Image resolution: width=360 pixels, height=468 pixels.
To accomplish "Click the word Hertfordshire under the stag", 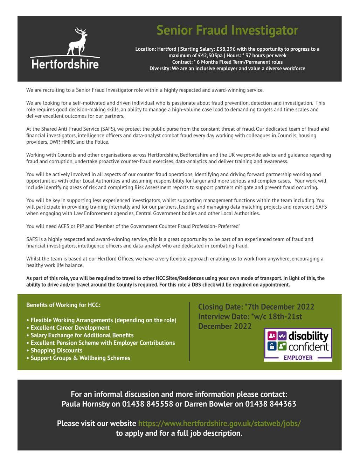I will (65, 64).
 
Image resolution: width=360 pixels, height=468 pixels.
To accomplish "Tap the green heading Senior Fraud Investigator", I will (227, 30).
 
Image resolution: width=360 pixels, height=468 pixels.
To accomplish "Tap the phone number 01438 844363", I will (270, 404).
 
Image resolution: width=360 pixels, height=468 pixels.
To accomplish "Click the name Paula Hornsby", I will (83, 404).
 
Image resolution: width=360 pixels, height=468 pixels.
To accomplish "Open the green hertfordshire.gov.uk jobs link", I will (219, 423).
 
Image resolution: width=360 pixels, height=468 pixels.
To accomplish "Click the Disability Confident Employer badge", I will (298, 345).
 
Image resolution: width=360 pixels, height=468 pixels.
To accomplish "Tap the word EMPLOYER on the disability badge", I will (298, 358).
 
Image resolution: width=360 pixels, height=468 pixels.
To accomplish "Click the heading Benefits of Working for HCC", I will (63, 305).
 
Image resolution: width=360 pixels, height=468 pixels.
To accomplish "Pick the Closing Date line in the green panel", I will (256, 307).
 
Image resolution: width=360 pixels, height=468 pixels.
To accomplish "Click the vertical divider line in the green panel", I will (189, 331).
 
